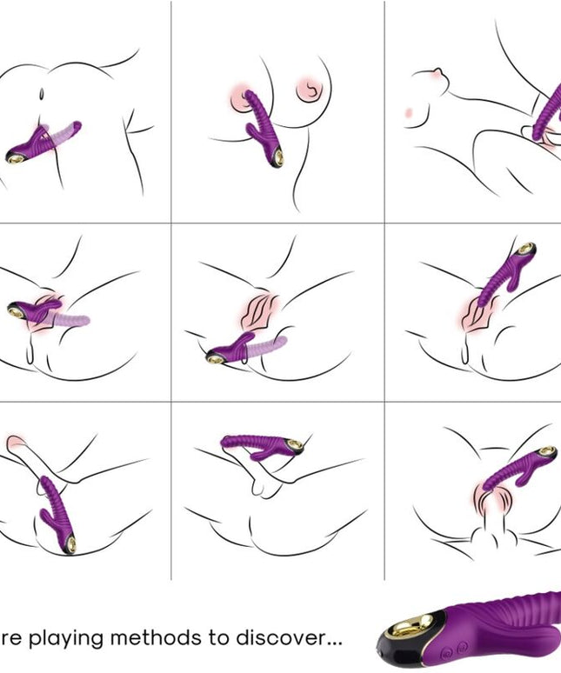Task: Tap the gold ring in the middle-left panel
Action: point(19,309)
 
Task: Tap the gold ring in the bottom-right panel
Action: point(546,453)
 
